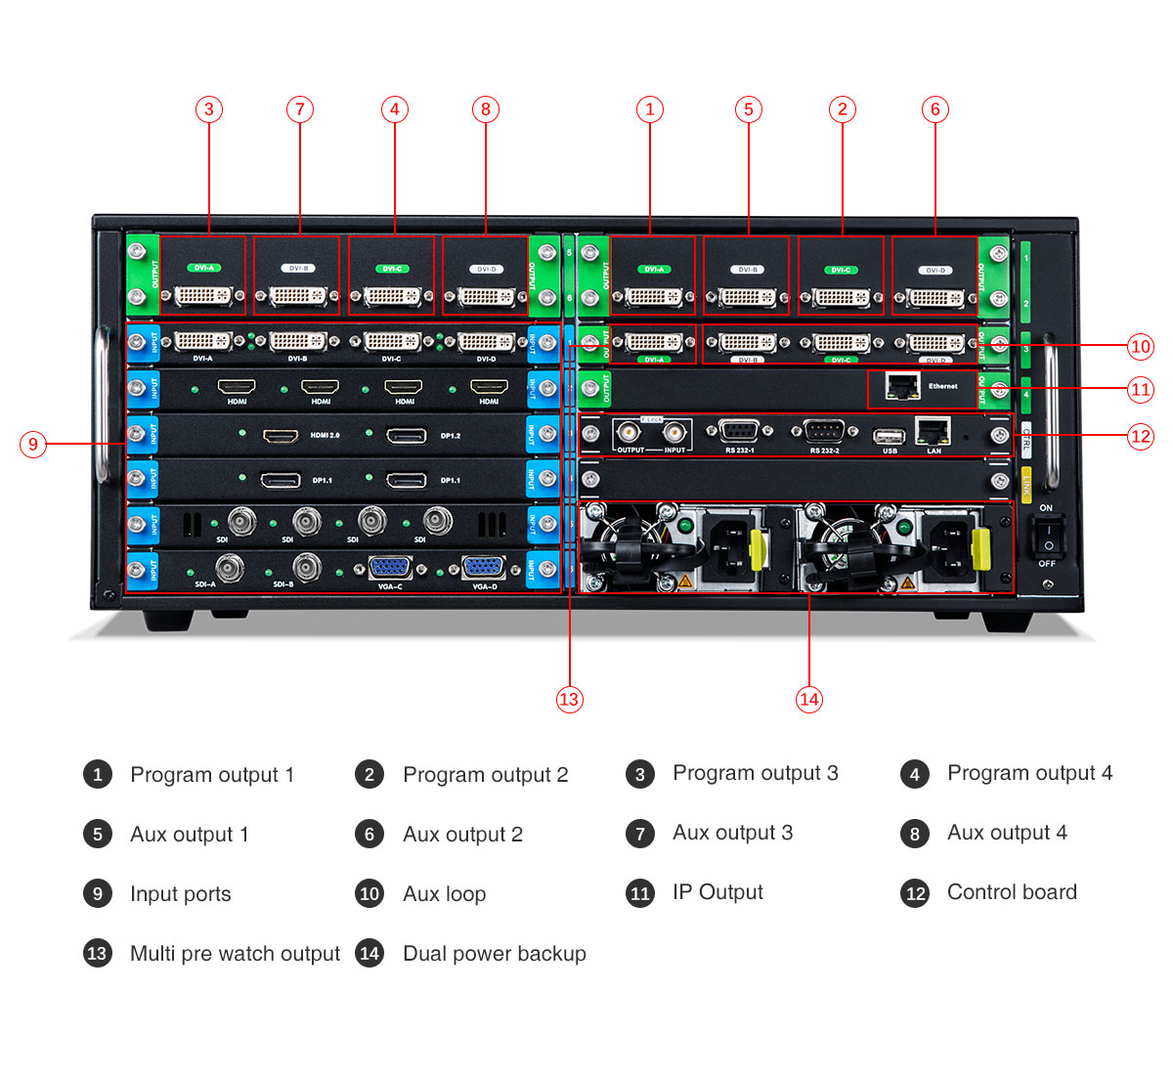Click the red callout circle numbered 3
tap(208, 109)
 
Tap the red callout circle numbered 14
tap(808, 699)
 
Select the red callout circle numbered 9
tap(33, 445)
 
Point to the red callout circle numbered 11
tap(1140, 390)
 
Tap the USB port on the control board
tap(889, 436)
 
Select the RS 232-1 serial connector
tap(739, 431)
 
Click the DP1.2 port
tap(407, 435)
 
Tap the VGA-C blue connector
tap(390, 568)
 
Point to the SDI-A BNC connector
tap(230, 568)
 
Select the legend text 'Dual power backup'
tap(495, 954)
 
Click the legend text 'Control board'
tap(1012, 892)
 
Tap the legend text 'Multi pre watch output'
tap(235, 954)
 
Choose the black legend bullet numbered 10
tap(369, 894)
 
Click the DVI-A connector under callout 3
tap(202, 294)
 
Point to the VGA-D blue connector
tap(483, 568)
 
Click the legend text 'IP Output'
tap(717, 892)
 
